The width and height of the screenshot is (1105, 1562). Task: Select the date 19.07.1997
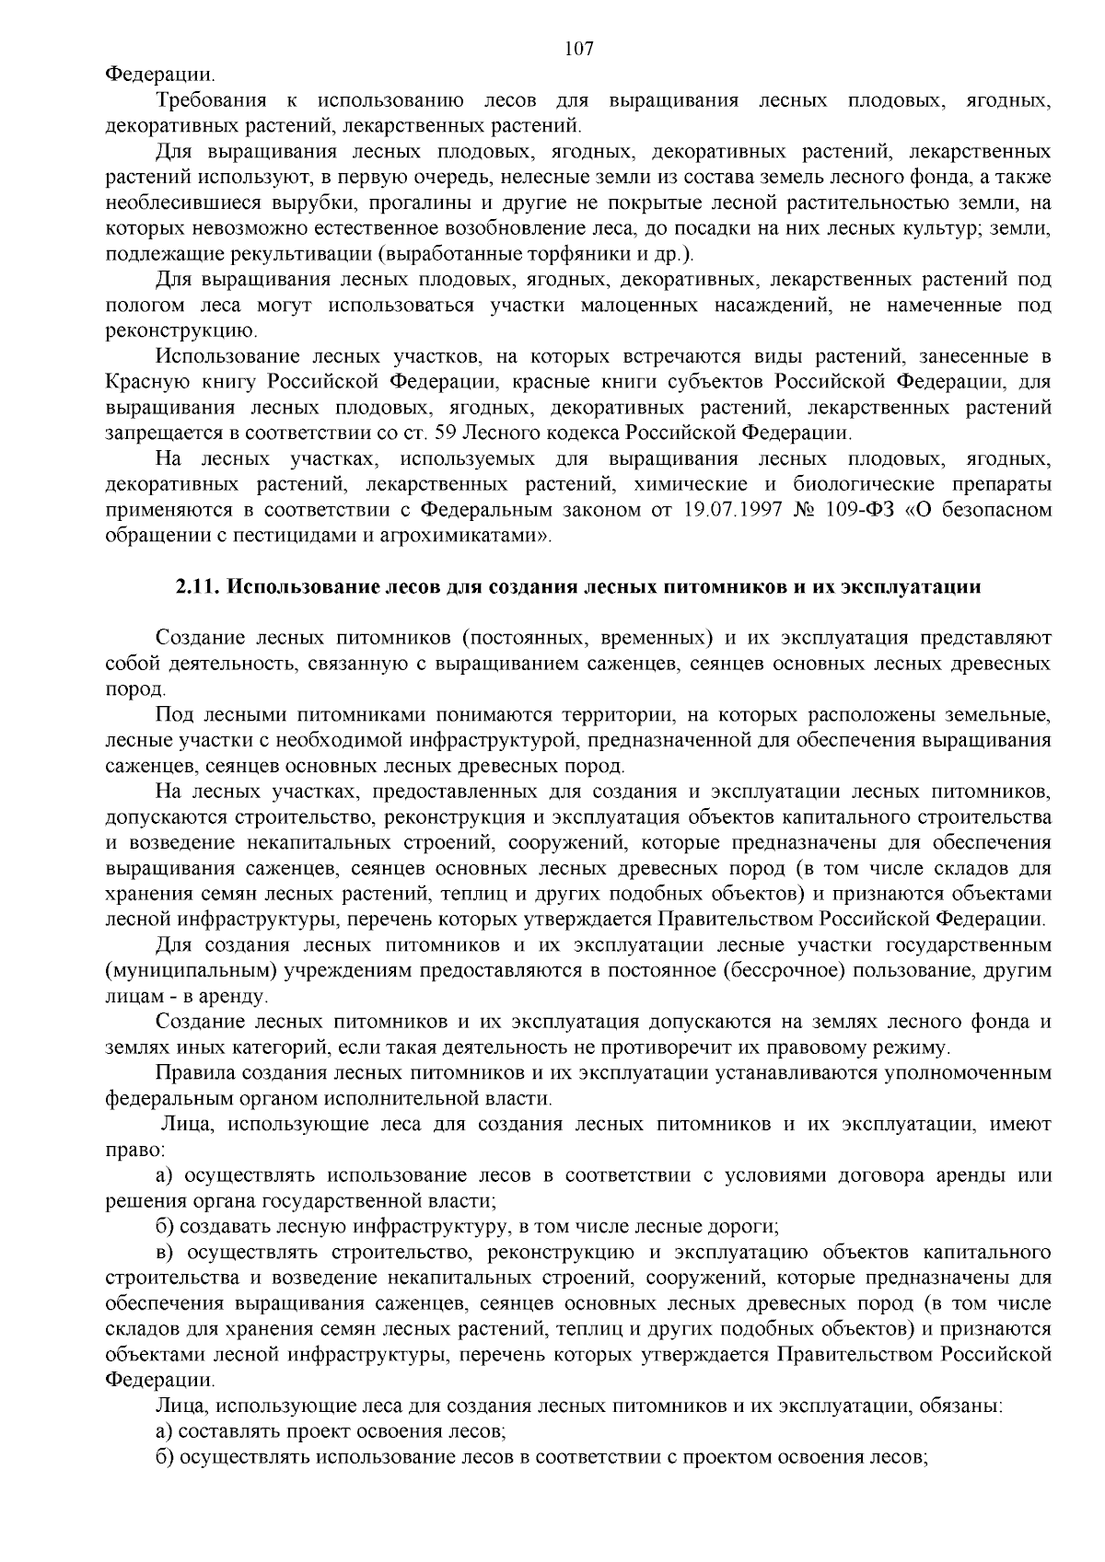pyautogui.click(x=731, y=509)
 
